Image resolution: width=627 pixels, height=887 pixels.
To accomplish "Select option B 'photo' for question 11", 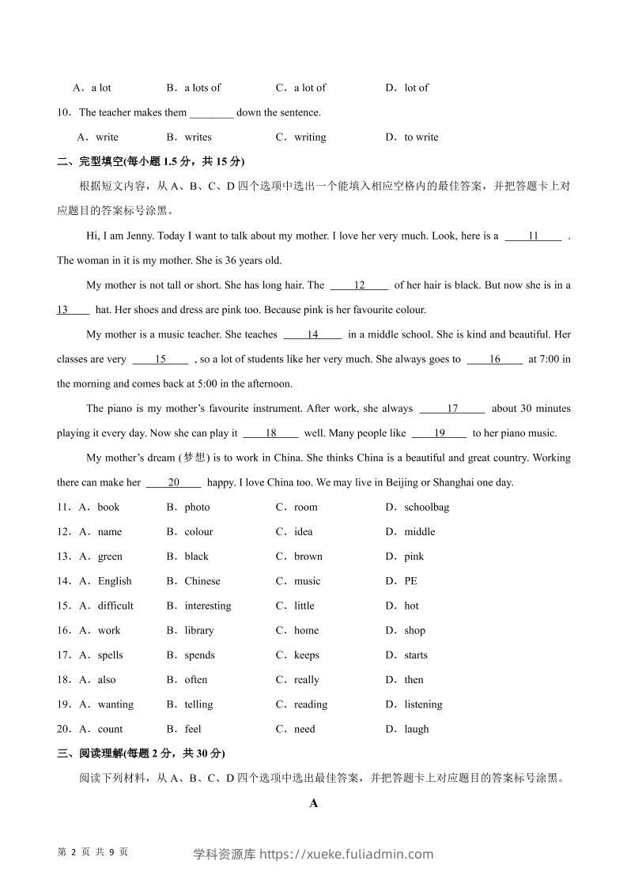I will click(197, 507).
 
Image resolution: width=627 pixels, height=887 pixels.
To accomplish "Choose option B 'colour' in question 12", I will click(198, 531).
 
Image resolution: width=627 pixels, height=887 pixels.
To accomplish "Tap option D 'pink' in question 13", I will click(414, 556).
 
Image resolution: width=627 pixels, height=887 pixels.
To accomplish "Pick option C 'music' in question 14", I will click(307, 581).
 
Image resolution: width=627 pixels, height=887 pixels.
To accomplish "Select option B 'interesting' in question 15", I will click(207, 606).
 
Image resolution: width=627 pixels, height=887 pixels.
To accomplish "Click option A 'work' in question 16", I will click(109, 630).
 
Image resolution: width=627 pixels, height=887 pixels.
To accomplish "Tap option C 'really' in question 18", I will click(306, 680).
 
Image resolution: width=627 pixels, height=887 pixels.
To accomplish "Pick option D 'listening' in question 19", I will click(423, 704).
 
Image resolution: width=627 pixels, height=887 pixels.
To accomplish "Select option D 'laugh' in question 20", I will click(416, 729).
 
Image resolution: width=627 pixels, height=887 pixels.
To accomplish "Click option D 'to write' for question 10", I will click(421, 137).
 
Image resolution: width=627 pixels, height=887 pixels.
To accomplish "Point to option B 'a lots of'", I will click(202, 88).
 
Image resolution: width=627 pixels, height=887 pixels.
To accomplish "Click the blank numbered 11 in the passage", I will click(533, 236).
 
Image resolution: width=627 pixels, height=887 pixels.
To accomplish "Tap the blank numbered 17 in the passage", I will click(452, 409).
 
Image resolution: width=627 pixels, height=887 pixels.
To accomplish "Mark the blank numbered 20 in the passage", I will click(174, 482).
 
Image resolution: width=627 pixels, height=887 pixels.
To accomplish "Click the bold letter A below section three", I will click(314, 803).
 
